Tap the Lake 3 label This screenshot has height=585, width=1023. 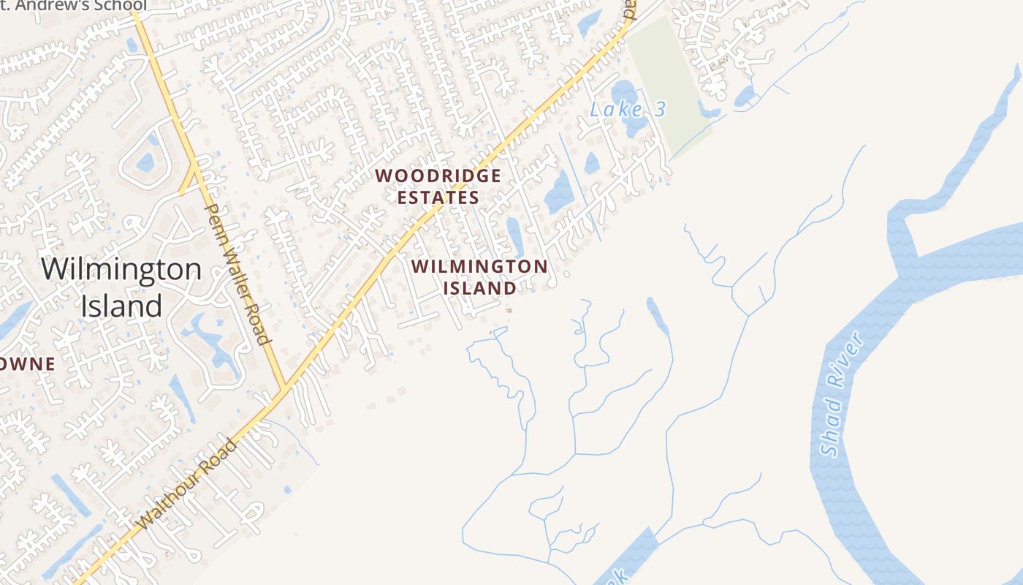pyautogui.click(x=628, y=110)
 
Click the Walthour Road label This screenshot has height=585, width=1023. pyautogui.click(x=188, y=483)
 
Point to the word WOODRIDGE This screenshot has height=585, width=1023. pyautogui.click(x=438, y=176)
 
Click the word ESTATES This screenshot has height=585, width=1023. pyautogui.click(x=438, y=197)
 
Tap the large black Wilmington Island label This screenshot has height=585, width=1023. pyautogui.click(x=121, y=287)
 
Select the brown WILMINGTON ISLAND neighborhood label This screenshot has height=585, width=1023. pyautogui.click(x=479, y=276)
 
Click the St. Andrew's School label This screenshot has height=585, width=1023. pyautogui.click(x=73, y=6)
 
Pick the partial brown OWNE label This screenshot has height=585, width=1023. pyautogui.click(x=28, y=363)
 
